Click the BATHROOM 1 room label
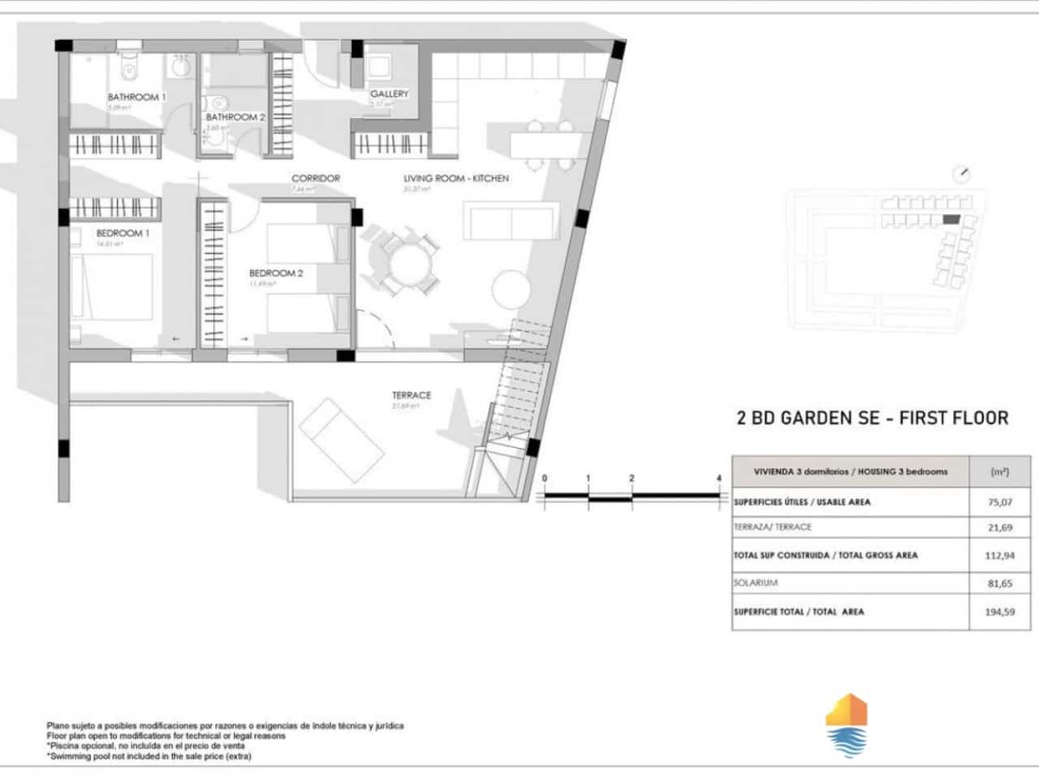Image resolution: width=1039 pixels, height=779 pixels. coord(136,97)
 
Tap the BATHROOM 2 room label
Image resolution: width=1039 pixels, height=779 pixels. coord(235,117)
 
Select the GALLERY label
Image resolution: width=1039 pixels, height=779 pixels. coord(389,93)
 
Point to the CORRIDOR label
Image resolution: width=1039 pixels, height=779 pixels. coord(316,178)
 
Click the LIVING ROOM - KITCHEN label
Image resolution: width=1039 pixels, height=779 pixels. coord(456,178)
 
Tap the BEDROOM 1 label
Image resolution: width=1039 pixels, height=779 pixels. coord(123,233)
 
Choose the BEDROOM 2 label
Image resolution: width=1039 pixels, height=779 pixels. coord(276,273)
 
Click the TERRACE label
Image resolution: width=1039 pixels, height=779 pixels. coord(412,395)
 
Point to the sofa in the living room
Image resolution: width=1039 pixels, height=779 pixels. coord(511,221)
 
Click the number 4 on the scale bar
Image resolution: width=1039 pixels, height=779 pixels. coord(719,479)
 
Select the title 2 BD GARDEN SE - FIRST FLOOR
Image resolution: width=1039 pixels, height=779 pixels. coord(872,418)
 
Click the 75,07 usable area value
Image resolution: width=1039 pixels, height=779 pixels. coord(999,502)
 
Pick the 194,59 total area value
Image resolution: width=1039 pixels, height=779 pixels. coord(999,612)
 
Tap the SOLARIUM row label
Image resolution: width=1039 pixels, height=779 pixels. coord(757,583)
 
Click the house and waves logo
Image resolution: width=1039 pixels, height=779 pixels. coord(846,725)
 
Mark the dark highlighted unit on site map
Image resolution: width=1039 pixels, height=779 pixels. coord(951,219)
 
